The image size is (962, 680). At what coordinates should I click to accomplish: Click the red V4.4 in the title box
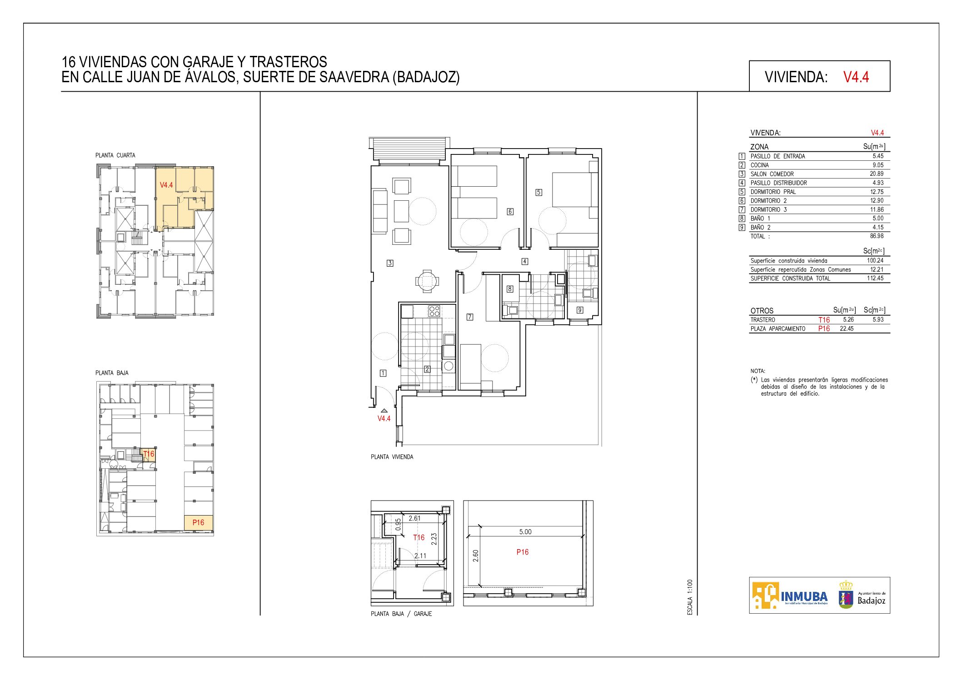[x=856, y=77]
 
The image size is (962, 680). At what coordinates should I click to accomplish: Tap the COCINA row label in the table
[x=759, y=165]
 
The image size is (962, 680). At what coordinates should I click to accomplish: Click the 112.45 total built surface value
[x=875, y=278]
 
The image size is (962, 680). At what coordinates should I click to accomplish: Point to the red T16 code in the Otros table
[x=824, y=320]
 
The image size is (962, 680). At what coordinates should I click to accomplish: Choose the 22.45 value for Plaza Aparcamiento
[x=847, y=328]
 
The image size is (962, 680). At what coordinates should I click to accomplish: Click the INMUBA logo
[x=790, y=596]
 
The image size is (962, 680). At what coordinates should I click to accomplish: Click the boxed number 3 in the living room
[x=390, y=263]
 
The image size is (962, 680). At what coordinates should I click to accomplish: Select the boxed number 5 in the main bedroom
[x=538, y=192]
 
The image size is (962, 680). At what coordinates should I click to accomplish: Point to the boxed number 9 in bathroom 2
[x=580, y=310]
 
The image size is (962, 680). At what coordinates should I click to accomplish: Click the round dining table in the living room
[x=427, y=281]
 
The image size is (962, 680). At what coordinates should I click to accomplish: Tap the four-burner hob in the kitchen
[x=434, y=311]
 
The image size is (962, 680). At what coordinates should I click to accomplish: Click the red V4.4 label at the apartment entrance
[x=384, y=418]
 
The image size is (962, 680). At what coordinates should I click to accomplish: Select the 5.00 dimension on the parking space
[x=525, y=532]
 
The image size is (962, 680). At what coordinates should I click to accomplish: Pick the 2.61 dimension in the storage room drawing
[x=414, y=518]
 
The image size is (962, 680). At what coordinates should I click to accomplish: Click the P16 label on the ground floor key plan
[x=198, y=522]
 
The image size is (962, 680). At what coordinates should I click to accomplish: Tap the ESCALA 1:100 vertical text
[x=690, y=597]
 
